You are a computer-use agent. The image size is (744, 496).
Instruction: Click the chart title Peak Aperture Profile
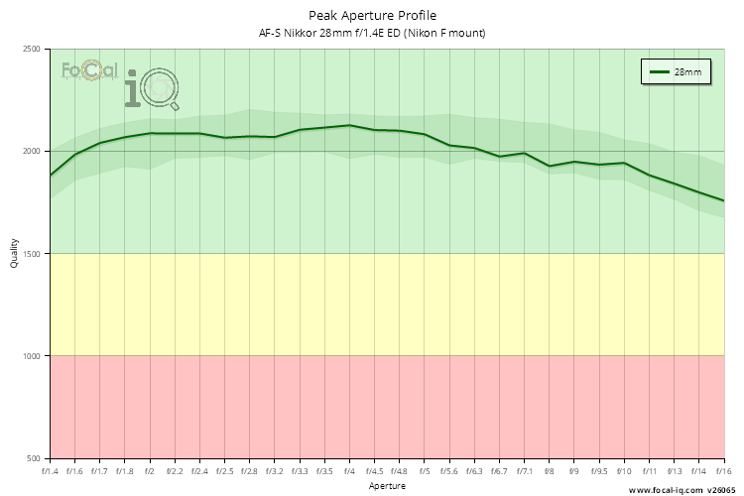click(x=371, y=15)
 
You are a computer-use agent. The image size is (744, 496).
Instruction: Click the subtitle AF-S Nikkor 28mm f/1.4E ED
click(x=371, y=34)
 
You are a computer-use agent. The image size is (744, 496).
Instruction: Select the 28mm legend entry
click(x=678, y=72)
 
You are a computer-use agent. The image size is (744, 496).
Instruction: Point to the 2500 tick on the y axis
click(x=31, y=50)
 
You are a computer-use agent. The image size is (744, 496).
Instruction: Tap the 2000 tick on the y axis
click(x=31, y=152)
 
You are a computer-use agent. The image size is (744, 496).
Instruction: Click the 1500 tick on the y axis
click(x=31, y=254)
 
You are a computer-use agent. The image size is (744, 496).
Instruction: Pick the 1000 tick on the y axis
click(x=31, y=356)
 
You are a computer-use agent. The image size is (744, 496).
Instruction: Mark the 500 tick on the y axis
click(x=33, y=458)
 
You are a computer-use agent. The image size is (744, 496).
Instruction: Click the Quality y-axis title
click(x=14, y=254)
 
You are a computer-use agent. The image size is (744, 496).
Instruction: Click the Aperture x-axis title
click(x=386, y=486)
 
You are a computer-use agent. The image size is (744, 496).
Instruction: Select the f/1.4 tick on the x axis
click(x=50, y=471)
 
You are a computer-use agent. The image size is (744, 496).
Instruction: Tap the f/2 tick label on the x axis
click(x=150, y=471)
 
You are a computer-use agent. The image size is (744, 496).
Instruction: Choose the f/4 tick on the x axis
click(x=349, y=471)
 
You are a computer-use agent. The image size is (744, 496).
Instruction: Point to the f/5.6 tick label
click(x=449, y=471)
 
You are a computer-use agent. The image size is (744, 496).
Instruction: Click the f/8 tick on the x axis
click(x=549, y=471)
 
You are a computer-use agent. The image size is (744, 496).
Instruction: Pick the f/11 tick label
click(x=649, y=471)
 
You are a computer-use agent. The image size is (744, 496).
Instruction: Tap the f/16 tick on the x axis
click(x=723, y=471)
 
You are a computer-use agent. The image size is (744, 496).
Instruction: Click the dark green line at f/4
click(x=349, y=125)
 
